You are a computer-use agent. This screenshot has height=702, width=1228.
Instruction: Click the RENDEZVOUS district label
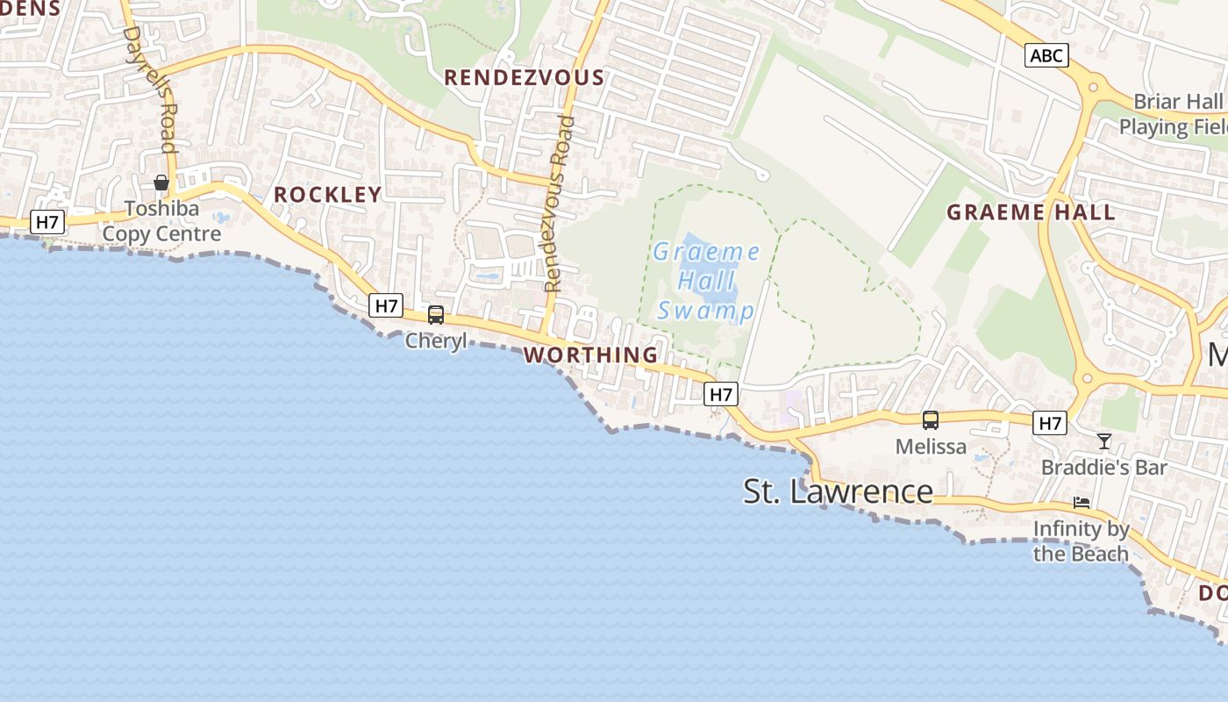point(524,77)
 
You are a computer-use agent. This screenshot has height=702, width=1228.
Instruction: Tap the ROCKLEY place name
point(328,195)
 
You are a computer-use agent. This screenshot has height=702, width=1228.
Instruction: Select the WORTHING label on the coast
point(590,355)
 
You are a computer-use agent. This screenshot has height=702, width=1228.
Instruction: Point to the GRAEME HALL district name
point(1031,211)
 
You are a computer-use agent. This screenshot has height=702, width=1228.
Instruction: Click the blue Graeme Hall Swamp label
point(706,282)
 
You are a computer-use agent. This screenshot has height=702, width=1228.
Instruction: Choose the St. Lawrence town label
point(838,491)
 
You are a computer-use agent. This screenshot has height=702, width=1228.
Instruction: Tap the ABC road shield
point(1046,56)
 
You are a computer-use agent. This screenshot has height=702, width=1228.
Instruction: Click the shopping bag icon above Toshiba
point(161,183)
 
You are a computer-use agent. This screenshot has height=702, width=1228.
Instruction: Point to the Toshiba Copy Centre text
point(161,222)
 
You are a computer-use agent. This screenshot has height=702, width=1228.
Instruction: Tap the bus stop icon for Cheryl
point(436,314)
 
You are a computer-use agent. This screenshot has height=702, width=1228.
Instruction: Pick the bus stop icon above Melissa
point(931,420)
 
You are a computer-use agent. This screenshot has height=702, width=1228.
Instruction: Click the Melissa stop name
point(931,446)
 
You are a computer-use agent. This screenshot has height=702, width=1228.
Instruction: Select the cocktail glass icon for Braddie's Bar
point(1104,441)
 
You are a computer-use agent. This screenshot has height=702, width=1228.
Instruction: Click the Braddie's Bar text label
point(1103,467)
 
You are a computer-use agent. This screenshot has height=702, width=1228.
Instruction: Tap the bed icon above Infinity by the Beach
point(1082,503)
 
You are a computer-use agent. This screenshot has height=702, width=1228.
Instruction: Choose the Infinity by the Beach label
point(1081,541)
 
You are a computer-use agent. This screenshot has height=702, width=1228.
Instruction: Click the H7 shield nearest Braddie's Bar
point(1050,424)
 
